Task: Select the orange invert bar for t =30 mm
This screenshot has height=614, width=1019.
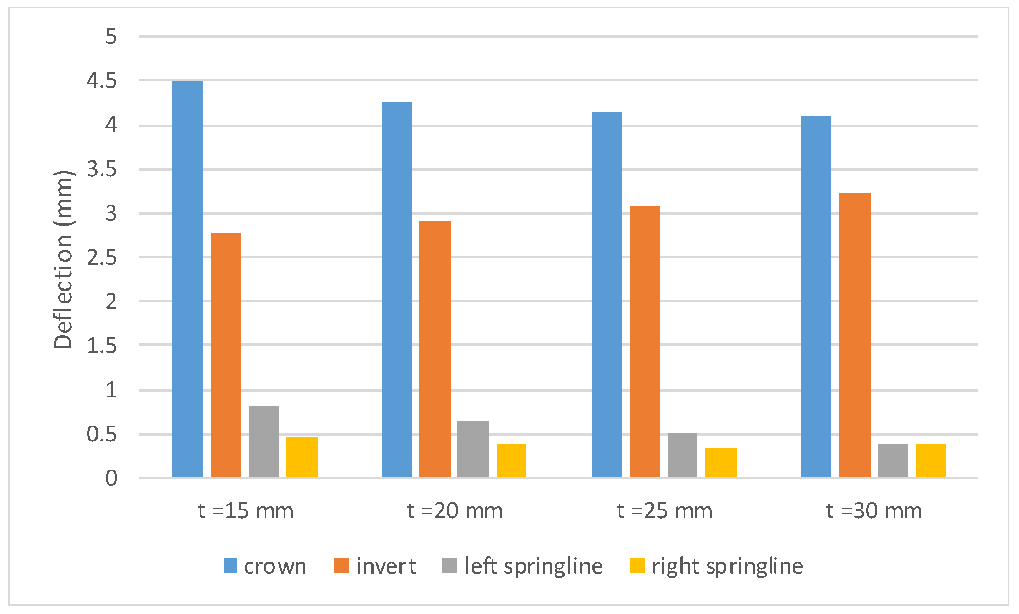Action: coord(854,335)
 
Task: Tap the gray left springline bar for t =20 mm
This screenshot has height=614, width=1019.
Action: coord(472,449)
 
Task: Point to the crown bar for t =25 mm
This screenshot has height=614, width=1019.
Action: coord(607,294)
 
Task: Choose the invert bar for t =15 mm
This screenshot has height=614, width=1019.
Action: coord(226,355)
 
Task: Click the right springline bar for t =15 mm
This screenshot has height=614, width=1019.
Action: coord(302,457)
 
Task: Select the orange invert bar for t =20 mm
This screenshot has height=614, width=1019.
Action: coord(435,348)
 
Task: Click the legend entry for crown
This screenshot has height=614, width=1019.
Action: coord(265,566)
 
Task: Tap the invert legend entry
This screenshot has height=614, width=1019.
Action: coord(375,566)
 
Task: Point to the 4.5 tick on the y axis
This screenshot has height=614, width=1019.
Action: coord(102,80)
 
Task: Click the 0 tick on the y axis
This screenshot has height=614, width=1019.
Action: coord(111,478)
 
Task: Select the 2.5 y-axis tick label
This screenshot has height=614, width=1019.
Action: coord(102,258)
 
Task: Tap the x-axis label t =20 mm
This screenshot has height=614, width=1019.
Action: coord(454,511)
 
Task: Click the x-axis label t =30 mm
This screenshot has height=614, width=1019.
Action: coord(874,511)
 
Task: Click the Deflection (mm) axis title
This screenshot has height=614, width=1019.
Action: coord(63,259)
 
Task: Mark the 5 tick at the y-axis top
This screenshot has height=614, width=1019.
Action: coord(111,37)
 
